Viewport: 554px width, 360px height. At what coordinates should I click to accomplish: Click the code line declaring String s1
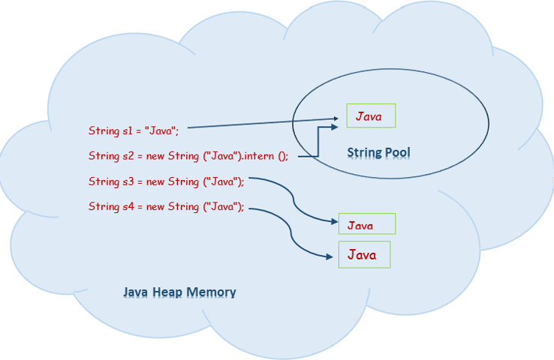point(133,131)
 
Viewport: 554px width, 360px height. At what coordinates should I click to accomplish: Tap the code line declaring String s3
point(166,181)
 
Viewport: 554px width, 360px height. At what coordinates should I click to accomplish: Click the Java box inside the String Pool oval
point(370,116)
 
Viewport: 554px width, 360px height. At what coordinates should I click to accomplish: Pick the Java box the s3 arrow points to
point(366,224)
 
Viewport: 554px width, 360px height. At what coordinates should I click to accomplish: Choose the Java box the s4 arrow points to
point(365,255)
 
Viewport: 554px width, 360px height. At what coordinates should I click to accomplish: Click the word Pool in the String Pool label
point(396,153)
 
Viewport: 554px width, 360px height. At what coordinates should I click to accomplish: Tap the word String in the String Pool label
point(363,153)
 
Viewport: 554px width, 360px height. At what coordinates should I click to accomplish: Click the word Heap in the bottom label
point(169,292)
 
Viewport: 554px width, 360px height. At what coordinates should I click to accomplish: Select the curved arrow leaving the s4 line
point(288,232)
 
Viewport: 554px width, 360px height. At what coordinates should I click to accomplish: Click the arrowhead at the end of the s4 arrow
point(331,256)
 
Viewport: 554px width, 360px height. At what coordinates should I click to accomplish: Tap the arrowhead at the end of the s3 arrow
point(333,222)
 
